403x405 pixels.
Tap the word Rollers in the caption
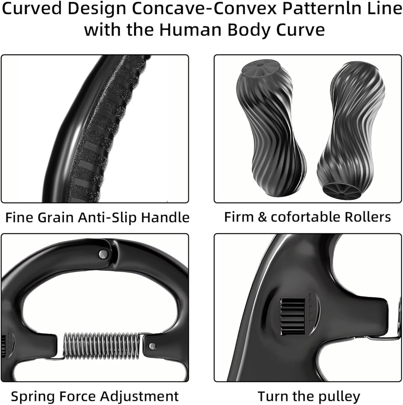point(367,217)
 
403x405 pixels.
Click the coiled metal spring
point(101,345)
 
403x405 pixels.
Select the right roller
point(352,130)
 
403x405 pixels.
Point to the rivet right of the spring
point(152,346)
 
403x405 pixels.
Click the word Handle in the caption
point(170,217)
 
